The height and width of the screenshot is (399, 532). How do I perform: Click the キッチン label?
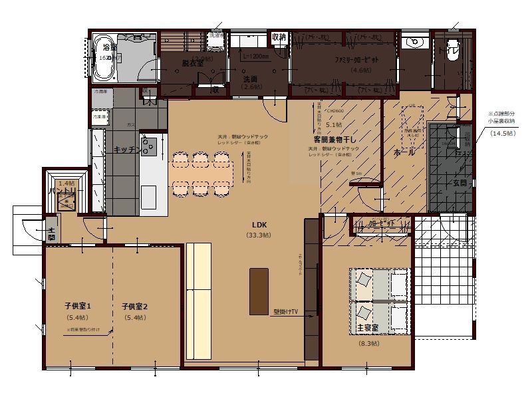126,150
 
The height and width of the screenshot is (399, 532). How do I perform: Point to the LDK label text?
259,225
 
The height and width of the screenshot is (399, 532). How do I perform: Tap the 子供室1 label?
78,307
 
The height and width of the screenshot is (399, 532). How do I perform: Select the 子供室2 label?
134,307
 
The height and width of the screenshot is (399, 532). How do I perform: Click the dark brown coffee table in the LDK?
259,291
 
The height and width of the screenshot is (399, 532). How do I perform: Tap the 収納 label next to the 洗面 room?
278,37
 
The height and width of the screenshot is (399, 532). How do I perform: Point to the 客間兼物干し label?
336,140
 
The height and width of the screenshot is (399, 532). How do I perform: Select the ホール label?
405,152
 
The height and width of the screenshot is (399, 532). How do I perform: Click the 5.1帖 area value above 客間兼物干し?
334,124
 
